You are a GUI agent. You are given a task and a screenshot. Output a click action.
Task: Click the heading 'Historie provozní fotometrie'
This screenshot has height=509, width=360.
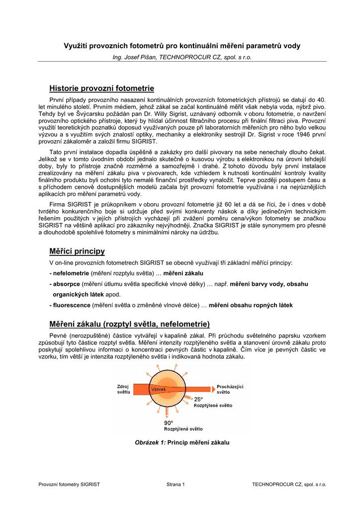(101, 88)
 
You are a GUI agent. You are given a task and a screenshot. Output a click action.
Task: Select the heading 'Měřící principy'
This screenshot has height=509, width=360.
(77, 251)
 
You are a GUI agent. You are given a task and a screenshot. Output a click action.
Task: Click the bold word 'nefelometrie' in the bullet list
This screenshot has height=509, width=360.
(71, 273)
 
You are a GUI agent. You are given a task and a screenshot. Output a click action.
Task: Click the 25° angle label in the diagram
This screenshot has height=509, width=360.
(198, 399)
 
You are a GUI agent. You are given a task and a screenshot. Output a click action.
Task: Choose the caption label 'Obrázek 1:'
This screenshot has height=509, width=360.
(150, 442)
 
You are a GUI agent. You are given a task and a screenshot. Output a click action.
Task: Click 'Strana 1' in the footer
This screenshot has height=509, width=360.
(176, 484)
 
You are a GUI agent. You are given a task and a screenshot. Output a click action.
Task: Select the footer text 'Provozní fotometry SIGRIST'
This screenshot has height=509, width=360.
(69, 484)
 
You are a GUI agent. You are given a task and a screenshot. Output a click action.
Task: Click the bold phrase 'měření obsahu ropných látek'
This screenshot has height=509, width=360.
(251, 305)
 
